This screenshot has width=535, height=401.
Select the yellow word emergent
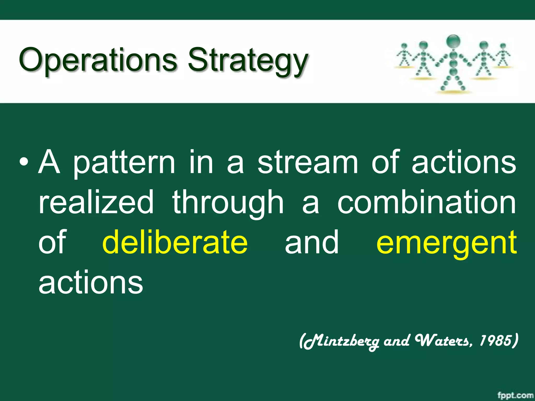click(x=446, y=243)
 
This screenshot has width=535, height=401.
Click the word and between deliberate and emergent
click(x=312, y=243)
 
